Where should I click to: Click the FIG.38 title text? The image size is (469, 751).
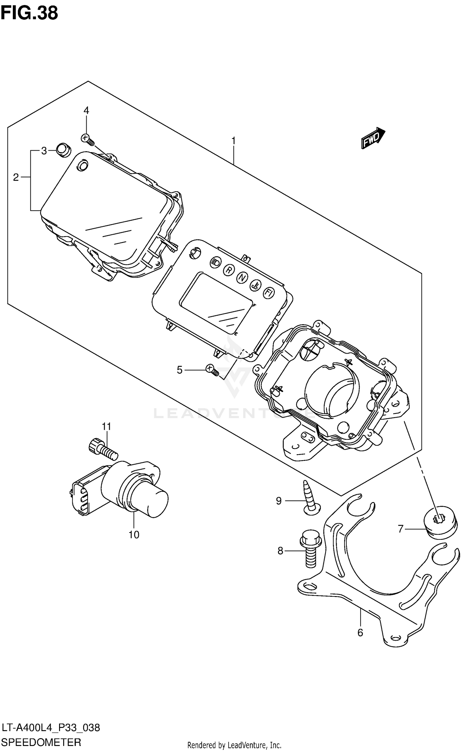tap(29, 13)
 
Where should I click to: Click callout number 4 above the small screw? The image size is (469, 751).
tap(86, 110)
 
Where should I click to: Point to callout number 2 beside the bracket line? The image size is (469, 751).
tap(16, 177)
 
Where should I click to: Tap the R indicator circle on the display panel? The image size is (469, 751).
tap(229, 270)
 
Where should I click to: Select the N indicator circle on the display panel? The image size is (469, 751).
tap(242, 277)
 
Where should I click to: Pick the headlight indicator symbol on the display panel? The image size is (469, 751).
tap(215, 262)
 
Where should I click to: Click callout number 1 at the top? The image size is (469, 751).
tap(233, 141)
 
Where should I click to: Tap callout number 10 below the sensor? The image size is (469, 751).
tap(134, 535)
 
